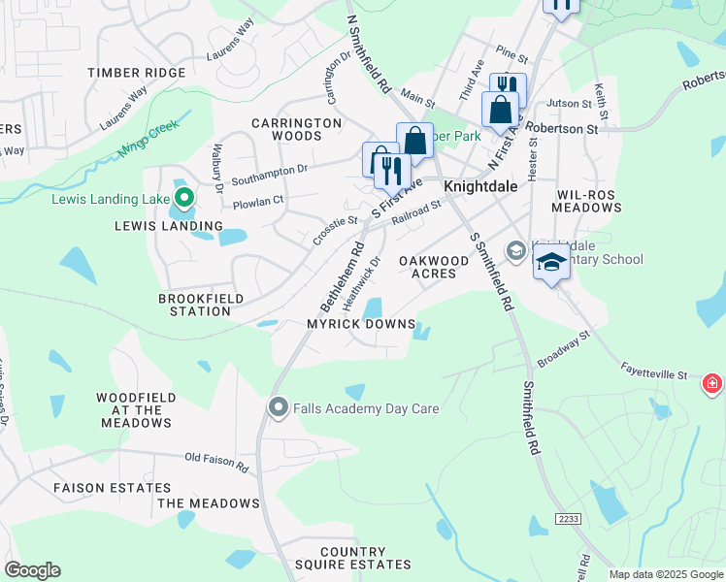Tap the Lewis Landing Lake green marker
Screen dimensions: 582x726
pos(183,200)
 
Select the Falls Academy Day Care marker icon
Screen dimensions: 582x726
pos(280,407)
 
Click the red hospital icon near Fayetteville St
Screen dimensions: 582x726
pos(713,384)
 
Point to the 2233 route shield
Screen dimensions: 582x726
pos(570,520)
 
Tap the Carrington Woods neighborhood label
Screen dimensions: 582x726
pos(286,130)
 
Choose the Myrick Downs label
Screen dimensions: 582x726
pos(361,324)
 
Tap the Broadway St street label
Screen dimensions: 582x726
pos(564,350)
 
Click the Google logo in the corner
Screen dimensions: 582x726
pos(32,570)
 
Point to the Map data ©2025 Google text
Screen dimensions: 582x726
pos(665,574)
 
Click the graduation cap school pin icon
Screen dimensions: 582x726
pos(551,262)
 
